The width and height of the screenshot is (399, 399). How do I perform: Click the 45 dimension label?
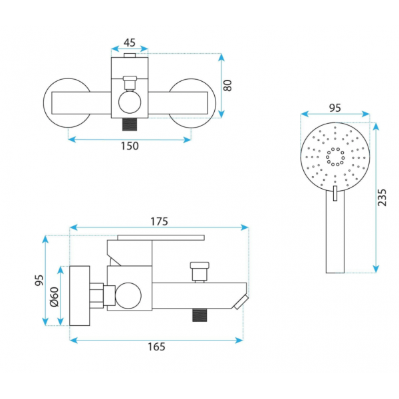pyautogui.click(x=130, y=43)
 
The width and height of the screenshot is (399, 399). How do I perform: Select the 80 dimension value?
pyautogui.click(x=227, y=85)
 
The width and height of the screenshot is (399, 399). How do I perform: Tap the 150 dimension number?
pyautogui.click(x=130, y=146)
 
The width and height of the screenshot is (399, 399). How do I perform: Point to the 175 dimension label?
pyautogui.click(x=160, y=221)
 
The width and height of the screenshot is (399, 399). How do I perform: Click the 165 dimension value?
pyautogui.click(x=156, y=346)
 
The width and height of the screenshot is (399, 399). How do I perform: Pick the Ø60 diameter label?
pyautogui.click(x=55, y=297)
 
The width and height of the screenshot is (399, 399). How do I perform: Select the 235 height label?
pyautogui.click(x=382, y=198)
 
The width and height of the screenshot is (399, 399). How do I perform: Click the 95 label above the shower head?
pyautogui.click(x=335, y=108)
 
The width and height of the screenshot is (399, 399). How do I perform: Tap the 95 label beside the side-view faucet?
pyautogui.click(x=39, y=280)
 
